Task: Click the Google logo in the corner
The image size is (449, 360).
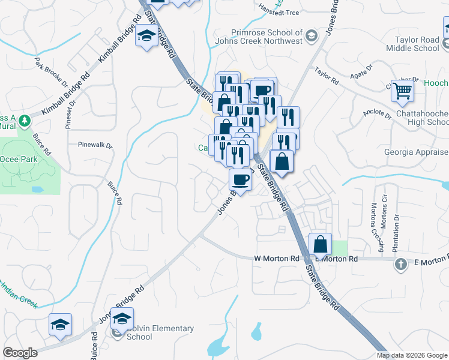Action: pyautogui.click(x=20, y=353)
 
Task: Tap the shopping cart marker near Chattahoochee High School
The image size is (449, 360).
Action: pyautogui.click(x=402, y=92)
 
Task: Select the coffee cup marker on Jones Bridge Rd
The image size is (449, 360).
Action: pyautogui.click(x=240, y=180)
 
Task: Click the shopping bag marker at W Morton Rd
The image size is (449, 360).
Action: pyautogui.click(x=321, y=244)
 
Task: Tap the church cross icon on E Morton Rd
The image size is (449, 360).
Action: pyautogui.click(x=400, y=263)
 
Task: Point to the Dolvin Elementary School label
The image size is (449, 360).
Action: pyautogui.click(x=160, y=332)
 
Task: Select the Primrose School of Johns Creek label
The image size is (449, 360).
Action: pyautogui.click(x=267, y=37)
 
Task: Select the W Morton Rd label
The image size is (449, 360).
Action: pyautogui.click(x=277, y=258)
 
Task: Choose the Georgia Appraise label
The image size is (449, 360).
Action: pyautogui.click(x=416, y=152)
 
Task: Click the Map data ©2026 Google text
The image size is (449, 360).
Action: pyautogui.click(x=412, y=355)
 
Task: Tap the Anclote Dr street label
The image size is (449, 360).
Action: pyautogui.click(x=377, y=115)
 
